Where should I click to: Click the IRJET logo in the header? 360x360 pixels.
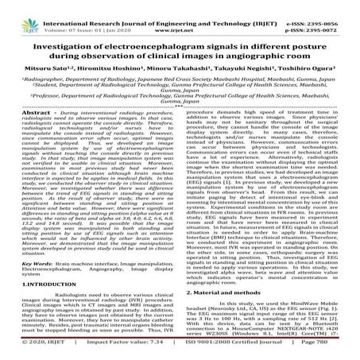click(19, 14)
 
